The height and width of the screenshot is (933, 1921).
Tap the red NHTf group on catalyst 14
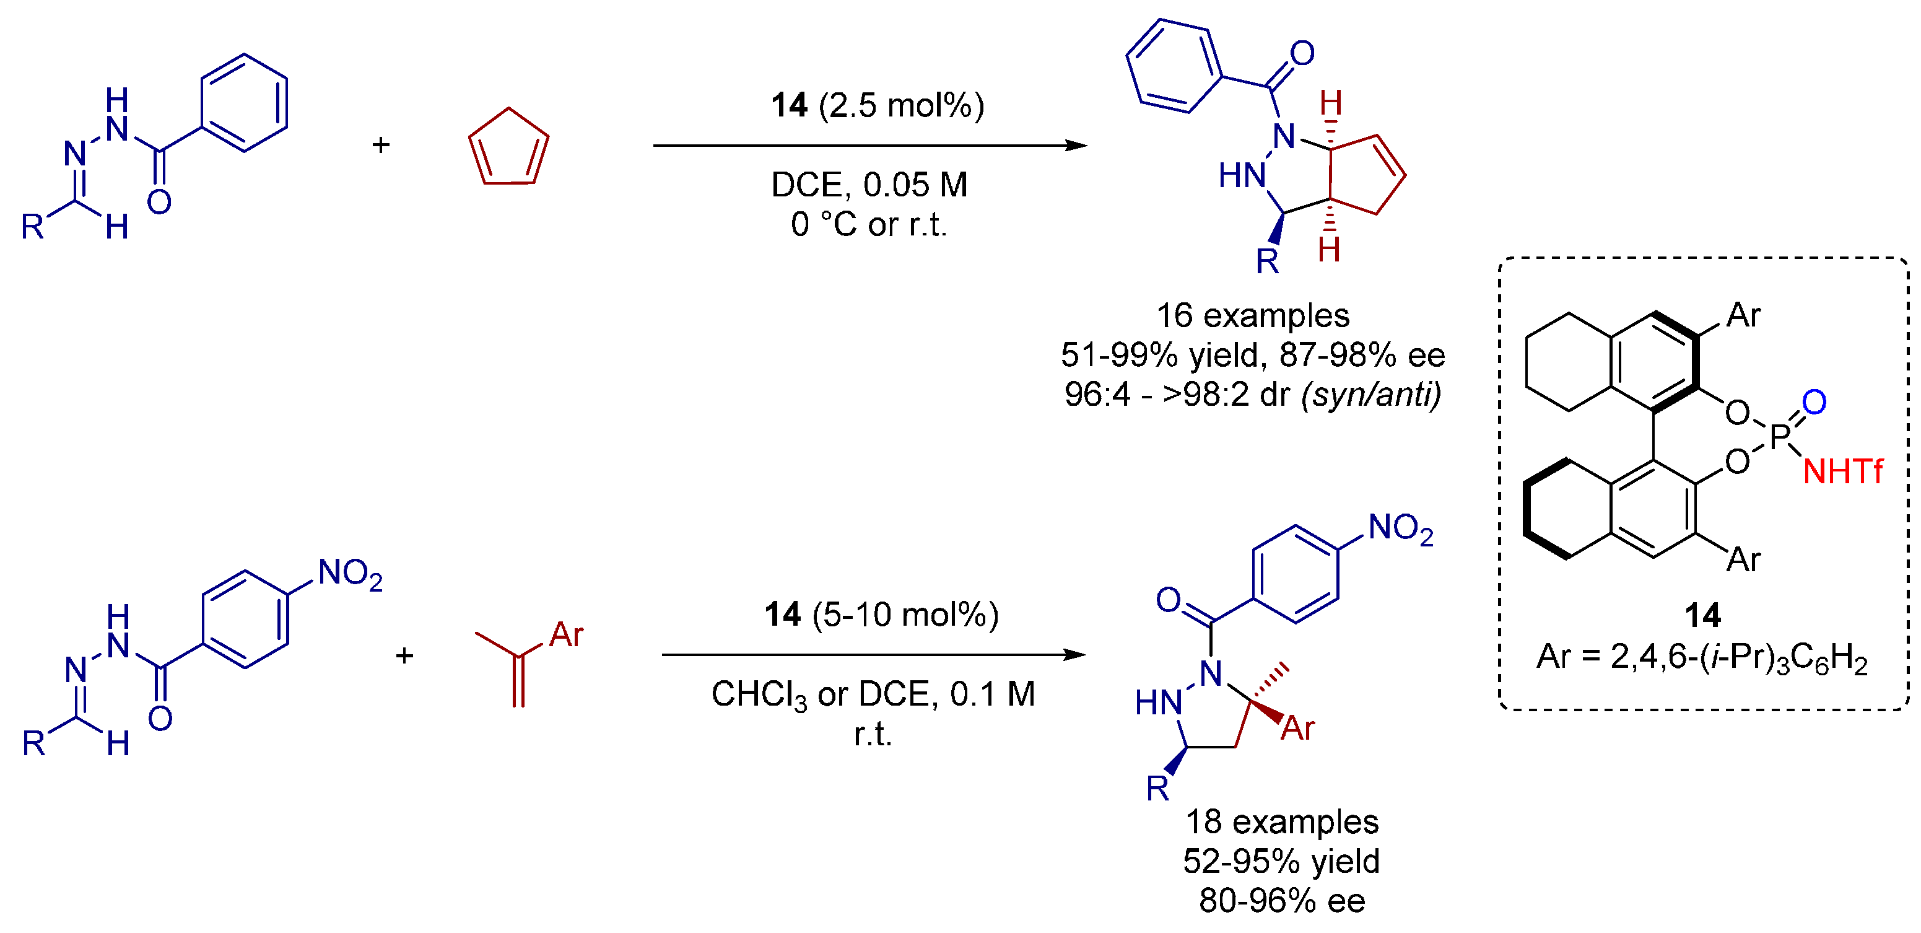pos(1842,472)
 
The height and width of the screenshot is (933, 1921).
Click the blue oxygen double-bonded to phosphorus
pos(1814,403)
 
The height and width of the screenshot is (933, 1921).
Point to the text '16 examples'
pos(1252,315)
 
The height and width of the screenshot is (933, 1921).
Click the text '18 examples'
pos(1281,822)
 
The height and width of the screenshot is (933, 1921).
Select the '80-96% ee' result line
pos(1281,901)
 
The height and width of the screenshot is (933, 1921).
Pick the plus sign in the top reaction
pos(381,145)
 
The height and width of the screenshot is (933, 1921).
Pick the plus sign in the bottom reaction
pos(404,655)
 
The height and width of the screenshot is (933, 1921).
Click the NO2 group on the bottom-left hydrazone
pos(350,574)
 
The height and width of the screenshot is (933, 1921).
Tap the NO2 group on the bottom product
pos(1400,529)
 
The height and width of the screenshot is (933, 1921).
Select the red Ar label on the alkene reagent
pos(566,634)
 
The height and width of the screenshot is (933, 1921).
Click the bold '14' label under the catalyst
pos(1703,616)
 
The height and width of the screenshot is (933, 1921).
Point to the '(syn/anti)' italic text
pos(1370,395)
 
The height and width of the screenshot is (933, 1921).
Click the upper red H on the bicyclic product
pos(1331,103)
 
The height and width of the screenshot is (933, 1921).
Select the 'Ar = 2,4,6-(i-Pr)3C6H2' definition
pos(1702,658)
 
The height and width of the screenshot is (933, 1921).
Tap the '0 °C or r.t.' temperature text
pos(869,224)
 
